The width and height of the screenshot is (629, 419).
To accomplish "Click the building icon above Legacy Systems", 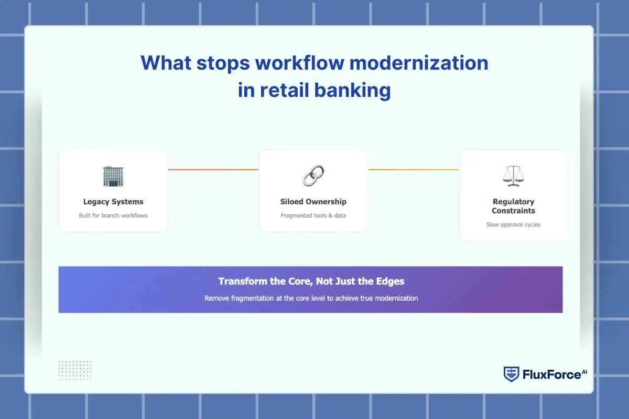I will pos(113,177).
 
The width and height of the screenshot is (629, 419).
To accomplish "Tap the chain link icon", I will pos(313,175).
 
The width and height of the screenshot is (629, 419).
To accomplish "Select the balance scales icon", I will pos(513,176).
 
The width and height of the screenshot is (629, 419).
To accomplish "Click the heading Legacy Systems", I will pos(113,202).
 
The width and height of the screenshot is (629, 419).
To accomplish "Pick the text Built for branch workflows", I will pos(113,215).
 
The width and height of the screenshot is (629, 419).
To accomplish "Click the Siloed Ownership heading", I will pos(313,202).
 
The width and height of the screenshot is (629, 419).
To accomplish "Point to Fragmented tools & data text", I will pos(313,215).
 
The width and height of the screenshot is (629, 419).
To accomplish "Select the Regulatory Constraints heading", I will pos(513,206).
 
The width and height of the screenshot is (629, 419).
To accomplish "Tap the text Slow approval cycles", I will pos(513,225).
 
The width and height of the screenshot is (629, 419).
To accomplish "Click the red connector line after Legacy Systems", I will pos(213,170).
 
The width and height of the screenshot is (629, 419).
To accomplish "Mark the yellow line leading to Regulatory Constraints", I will pos(413,170).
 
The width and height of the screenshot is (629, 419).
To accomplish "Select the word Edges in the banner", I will pos(390,281).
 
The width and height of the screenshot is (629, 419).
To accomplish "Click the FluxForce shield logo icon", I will pos(511,374).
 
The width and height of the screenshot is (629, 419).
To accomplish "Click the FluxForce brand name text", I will pos(551,374).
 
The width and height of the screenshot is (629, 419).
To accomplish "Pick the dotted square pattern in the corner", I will pos(75,370).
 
